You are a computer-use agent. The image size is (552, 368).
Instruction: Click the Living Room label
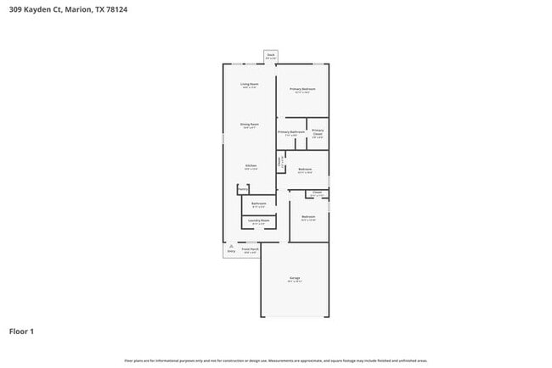point(249,85)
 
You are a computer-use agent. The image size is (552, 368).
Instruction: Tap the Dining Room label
point(249,125)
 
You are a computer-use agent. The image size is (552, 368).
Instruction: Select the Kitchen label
point(251,166)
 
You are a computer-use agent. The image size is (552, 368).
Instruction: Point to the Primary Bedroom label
point(302,89)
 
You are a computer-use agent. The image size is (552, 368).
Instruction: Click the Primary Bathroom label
point(291,132)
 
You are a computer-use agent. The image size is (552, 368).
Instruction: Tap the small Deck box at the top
point(271,55)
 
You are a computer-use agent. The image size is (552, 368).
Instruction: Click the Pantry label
point(242,189)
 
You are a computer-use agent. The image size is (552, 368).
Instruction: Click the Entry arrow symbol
point(231,247)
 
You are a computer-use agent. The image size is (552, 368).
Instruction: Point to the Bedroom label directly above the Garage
point(308,218)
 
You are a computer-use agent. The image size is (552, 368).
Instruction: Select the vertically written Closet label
point(279,160)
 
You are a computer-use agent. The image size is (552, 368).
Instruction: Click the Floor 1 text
point(21,331)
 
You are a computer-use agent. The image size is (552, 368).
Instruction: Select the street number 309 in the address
point(14,11)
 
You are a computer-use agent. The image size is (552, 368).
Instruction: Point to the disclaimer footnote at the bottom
point(276,360)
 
